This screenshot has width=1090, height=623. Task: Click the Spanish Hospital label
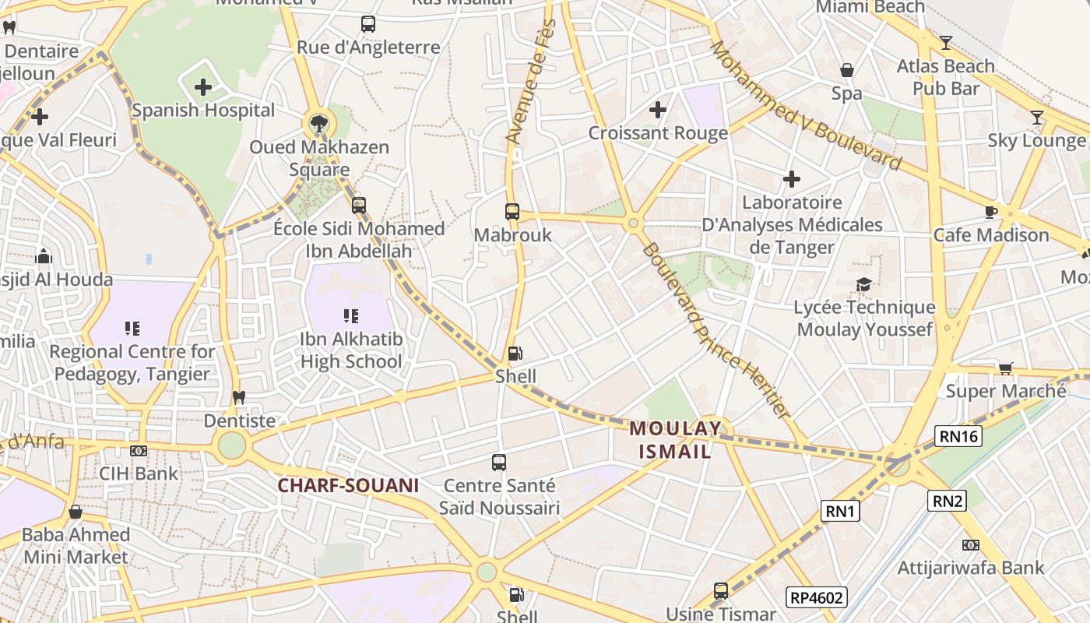[x=203, y=110]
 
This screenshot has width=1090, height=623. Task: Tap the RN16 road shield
[x=958, y=436]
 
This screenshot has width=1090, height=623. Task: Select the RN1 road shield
[x=841, y=511]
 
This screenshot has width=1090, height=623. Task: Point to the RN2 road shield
[x=947, y=501]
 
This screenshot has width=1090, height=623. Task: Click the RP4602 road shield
[x=816, y=597]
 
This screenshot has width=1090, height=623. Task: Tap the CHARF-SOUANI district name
[x=349, y=485]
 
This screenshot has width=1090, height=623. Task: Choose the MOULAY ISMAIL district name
[x=675, y=439]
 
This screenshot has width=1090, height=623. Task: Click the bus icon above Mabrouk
[x=512, y=211]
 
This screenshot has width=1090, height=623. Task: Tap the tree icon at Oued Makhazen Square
[x=318, y=122]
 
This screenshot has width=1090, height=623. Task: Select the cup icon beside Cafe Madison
[x=991, y=212]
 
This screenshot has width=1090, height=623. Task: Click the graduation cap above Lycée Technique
[x=863, y=284]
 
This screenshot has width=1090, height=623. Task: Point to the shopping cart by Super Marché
[x=1005, y=368]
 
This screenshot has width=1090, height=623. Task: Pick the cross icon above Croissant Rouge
[x=658, y=110]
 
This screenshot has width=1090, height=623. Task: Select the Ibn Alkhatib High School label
[x=351, y=350]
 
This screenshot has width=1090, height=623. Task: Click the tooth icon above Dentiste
[x=239, y=397]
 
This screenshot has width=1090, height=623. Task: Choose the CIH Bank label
[x=139, y=473]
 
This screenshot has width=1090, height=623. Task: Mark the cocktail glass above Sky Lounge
[x=1036, y=118]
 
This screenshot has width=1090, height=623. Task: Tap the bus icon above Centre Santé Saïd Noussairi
[x=499, y=463]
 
